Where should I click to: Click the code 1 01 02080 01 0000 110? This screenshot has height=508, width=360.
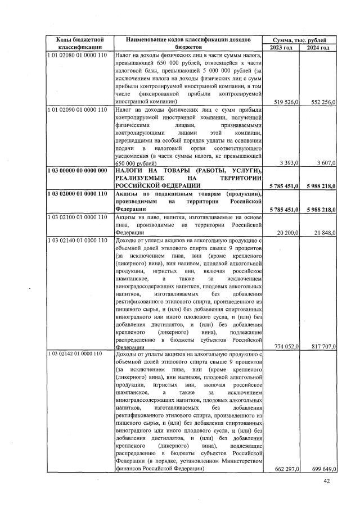tap(77, 56)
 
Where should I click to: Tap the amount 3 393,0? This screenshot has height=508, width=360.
tap(290, 162)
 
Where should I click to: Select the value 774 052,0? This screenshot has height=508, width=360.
tap(285, 346)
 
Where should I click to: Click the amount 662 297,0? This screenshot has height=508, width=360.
tap(285, 468)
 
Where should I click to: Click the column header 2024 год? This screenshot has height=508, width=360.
tap(318, 48)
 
